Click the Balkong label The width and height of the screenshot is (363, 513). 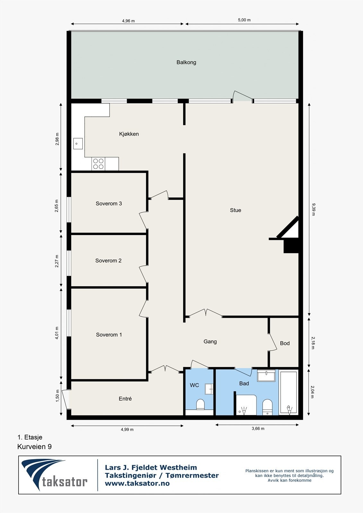(x=186, y=62)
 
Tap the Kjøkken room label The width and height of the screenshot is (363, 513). (x=129, y=134)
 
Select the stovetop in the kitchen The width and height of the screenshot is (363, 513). (x=98, y=164)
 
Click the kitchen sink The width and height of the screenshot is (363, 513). (x=78, y=144)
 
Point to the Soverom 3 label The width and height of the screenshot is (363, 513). (x=108, y=204)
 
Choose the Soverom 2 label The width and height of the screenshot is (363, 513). (x=108, y=261)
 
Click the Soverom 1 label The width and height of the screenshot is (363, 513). (x=109, y=335)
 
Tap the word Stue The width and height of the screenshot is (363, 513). (x=235, y=210)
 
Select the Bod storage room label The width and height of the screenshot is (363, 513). (x=285, y=343)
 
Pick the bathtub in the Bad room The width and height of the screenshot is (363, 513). (x=288, y=392)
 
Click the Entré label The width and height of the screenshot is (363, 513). (x=125, y=399)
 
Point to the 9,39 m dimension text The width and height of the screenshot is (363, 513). (x=313, y=209)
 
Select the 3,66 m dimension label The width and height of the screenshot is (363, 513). (x=258, y=429)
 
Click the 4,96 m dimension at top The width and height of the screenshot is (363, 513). (x=128, y=21)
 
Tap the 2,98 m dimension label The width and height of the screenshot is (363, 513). (x=57, y=139)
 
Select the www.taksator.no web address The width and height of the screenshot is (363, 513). (x=137, y=484)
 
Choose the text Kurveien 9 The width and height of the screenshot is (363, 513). (x=34, y=447)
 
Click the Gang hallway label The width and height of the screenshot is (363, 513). (x=210, y=342)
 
